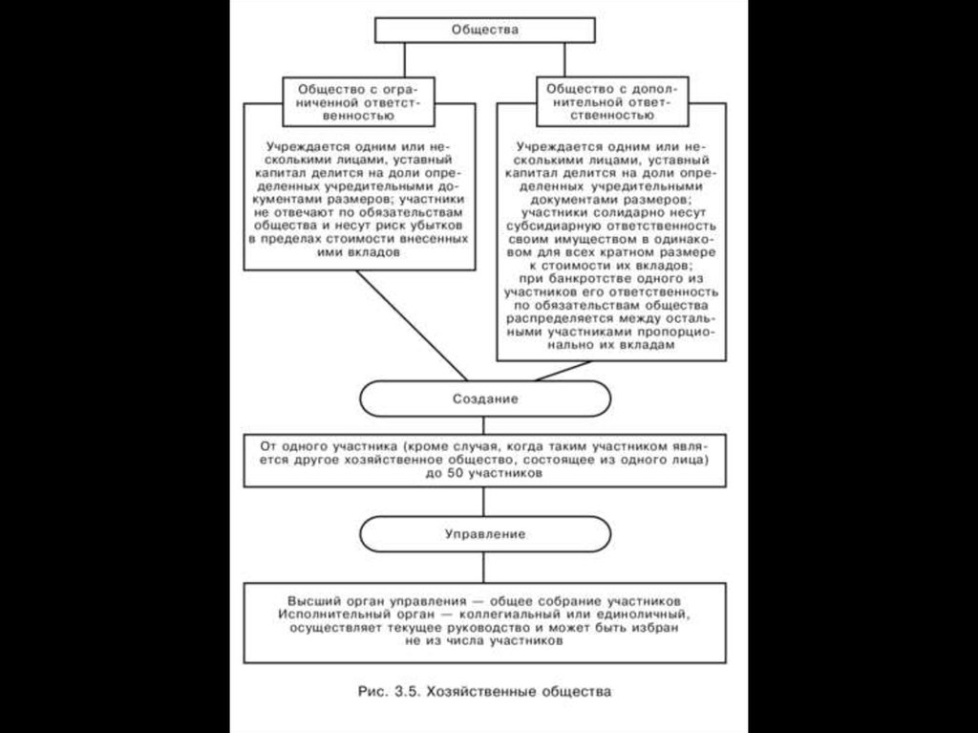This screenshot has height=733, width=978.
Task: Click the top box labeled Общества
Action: point(485,30)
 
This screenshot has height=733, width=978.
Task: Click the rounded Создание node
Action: point(485,399)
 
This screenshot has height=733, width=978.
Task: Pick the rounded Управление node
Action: point(485,534)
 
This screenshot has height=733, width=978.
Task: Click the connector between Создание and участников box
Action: point(485,426)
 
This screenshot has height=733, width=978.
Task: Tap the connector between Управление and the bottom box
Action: point(485,567)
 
